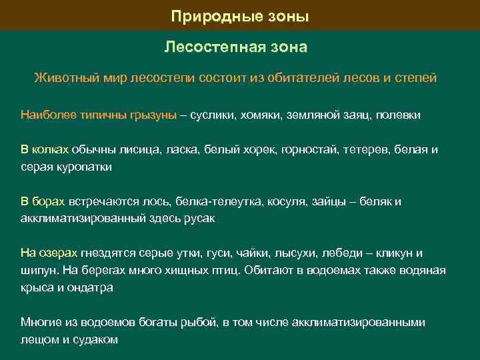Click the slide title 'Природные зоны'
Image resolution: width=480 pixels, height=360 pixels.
[x=240, y=15]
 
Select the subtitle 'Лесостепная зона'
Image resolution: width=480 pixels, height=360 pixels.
[x=236, y=47]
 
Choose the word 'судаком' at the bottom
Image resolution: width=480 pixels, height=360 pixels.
[x=97, y=339]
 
